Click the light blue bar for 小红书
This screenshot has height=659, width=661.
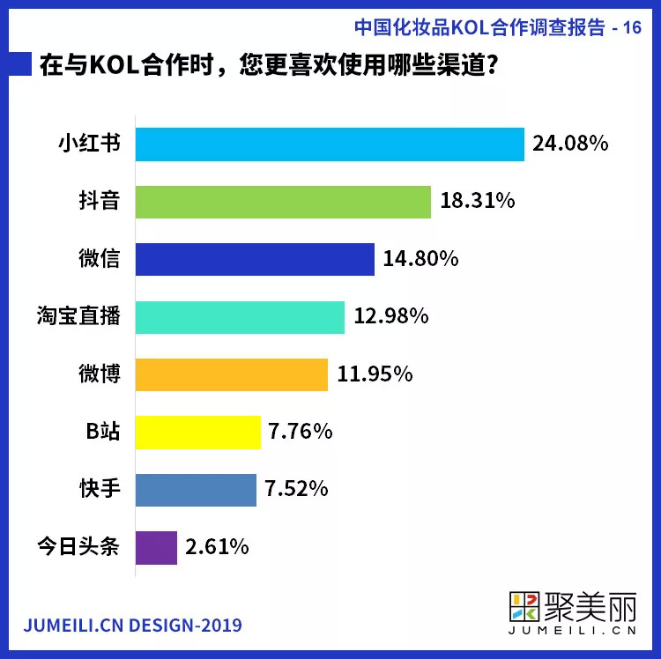[330, 144]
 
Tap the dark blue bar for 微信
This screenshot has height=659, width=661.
[255, 259]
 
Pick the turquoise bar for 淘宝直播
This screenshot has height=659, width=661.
[240, 316]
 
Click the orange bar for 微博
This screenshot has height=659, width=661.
[232, 374]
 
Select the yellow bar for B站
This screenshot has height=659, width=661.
[198, 432]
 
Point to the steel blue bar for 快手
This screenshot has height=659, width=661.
[196, 489]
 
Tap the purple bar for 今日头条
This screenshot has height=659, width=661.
[156, 547]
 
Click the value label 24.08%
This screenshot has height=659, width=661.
[570, 144]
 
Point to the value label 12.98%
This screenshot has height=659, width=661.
[390, 316]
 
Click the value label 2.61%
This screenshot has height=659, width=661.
[218, 547]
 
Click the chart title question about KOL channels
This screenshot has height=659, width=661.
[264, 67]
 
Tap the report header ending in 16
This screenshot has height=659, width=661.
[498, 26]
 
